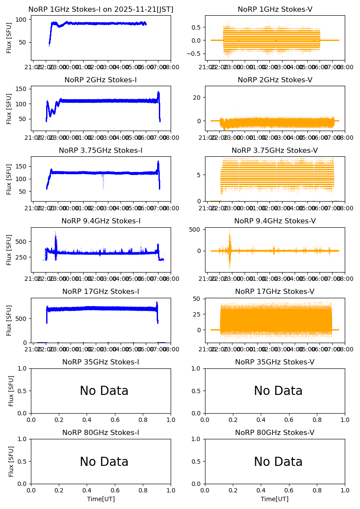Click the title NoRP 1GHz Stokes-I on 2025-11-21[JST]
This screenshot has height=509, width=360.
point(101,9)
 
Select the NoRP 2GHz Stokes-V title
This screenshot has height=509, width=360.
point(275,80)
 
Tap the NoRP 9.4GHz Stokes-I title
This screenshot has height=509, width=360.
point(101,221)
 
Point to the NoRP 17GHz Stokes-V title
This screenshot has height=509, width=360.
point(275,291)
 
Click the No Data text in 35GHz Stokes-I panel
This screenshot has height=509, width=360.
point(104,391)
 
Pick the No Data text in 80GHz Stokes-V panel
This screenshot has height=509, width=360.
point(278,462)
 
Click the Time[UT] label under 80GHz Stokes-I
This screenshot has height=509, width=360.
point(101,499)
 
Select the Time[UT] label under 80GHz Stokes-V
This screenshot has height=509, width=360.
point(275,499)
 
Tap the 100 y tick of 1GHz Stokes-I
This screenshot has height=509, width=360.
point(23,20)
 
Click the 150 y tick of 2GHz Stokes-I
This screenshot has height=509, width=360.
point(23,89)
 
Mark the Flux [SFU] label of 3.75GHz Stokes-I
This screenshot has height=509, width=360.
point(9,179)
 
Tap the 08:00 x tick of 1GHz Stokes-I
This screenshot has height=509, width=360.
point(165,68)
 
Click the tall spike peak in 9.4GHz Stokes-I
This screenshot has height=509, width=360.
point(55,232)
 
